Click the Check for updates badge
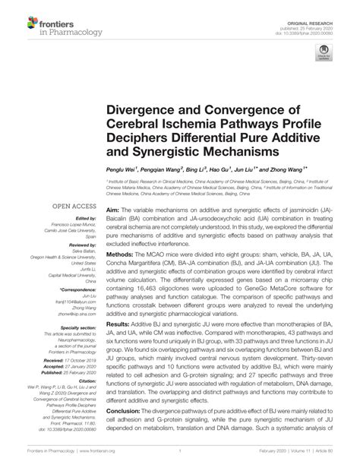click(x=324, y=54)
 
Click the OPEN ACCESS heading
click(x=73, y=206)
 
